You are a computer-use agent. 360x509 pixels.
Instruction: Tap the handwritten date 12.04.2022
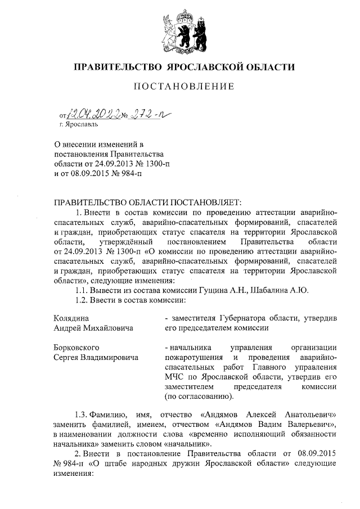[93, 115]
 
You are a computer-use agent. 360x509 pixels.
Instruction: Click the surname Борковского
[76, 347]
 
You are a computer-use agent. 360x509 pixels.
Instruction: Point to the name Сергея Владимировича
[96, 357]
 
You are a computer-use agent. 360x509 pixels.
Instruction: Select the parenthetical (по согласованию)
[199, 397]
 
